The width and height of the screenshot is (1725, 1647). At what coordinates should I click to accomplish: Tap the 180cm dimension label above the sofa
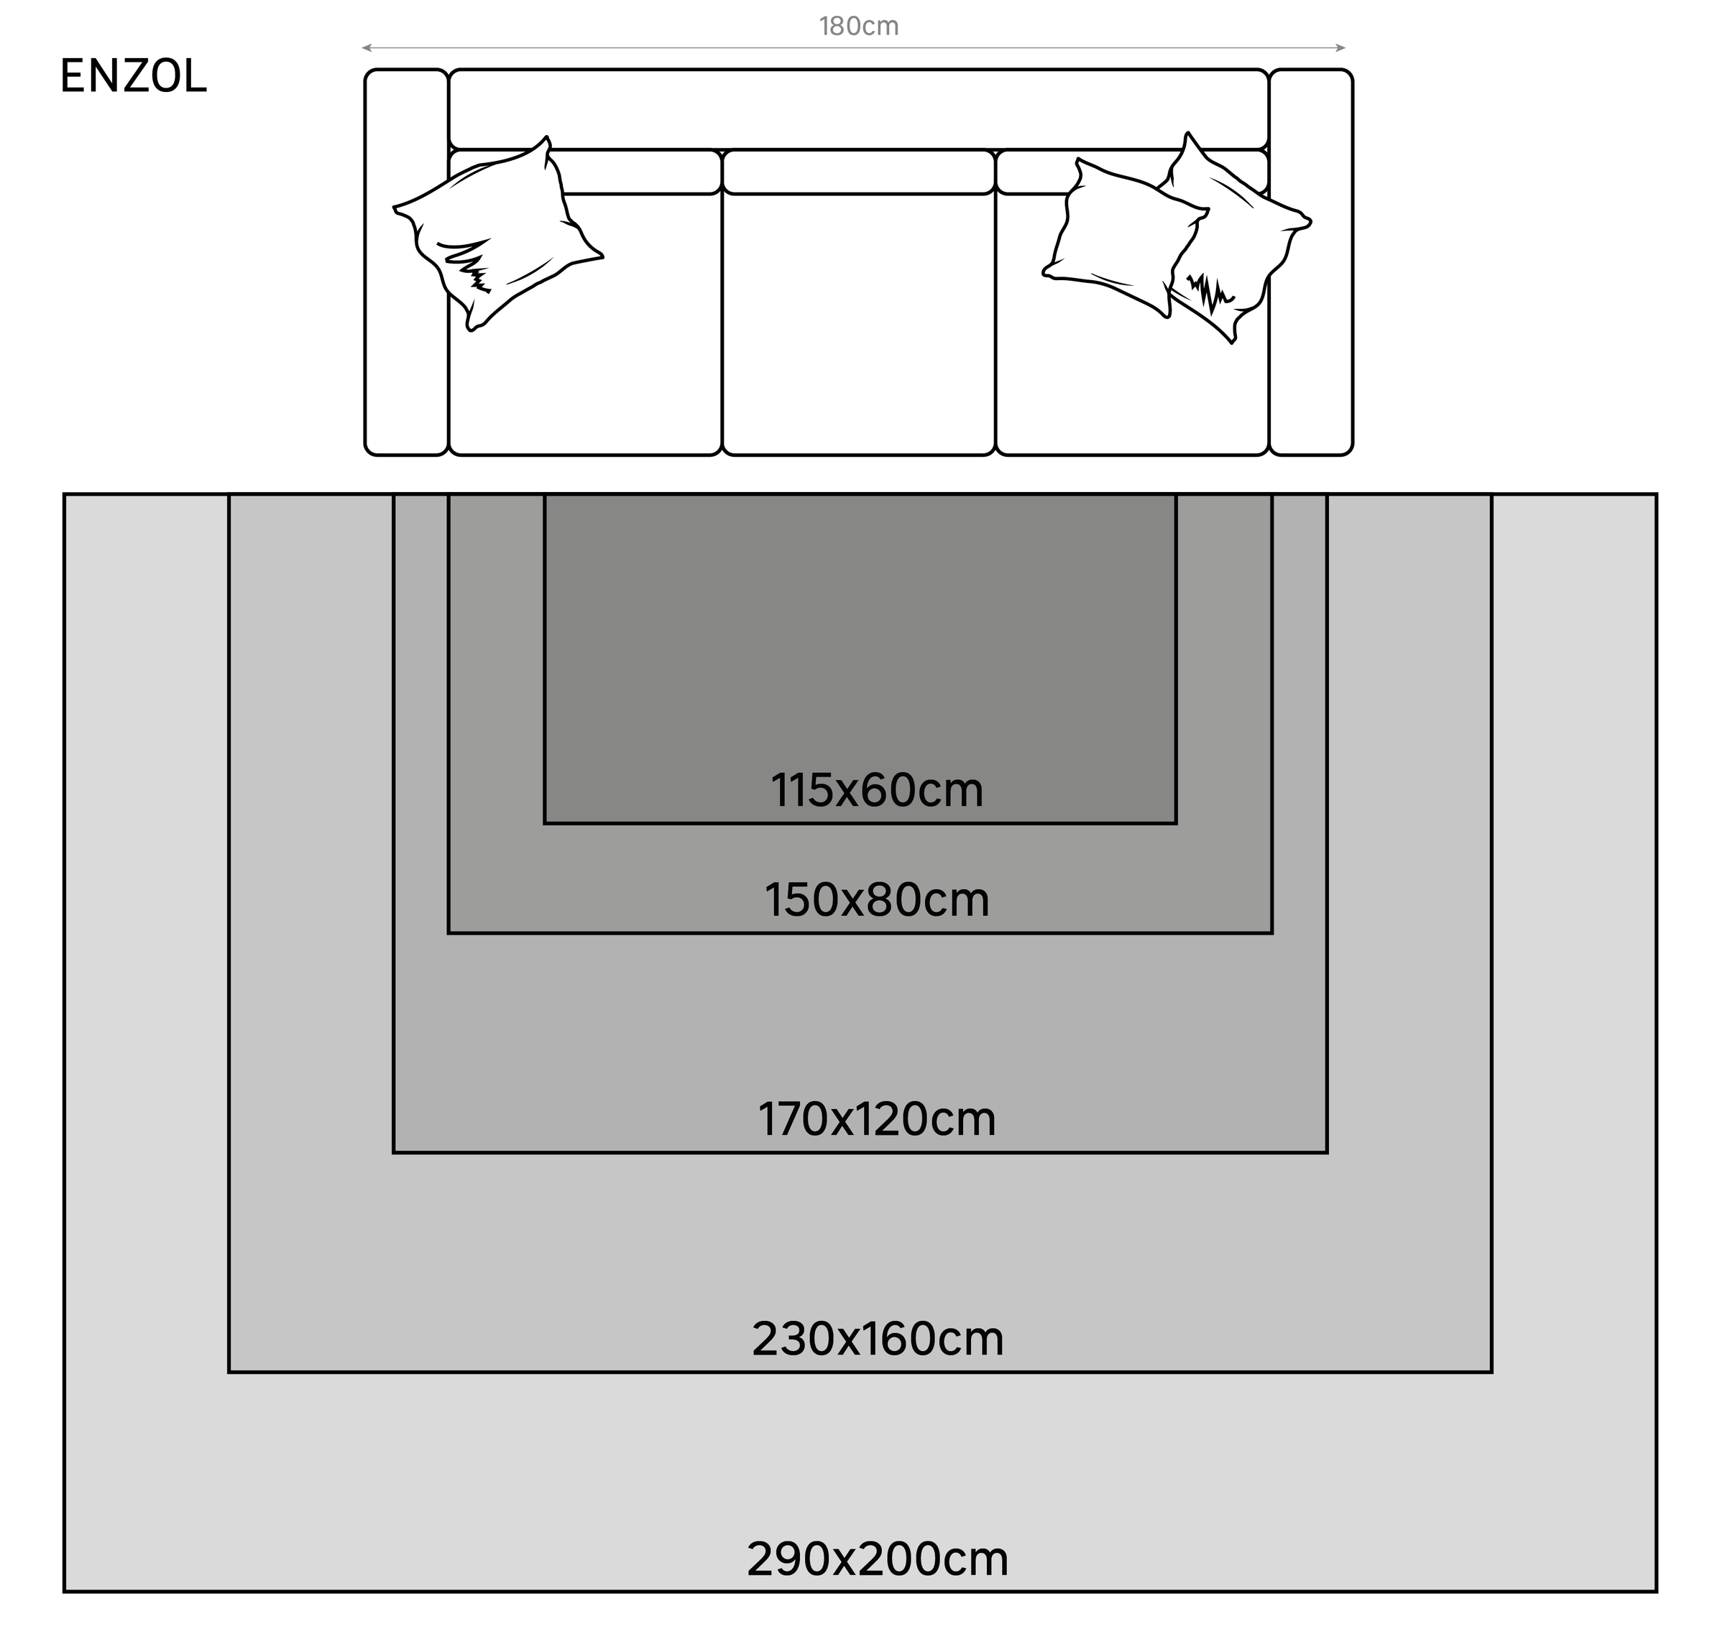pyautogui.click(x=859, y=27)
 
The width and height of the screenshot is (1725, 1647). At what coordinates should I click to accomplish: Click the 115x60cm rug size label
pyautogui.click(x=877, y=790)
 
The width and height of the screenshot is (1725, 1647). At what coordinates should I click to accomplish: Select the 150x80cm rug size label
pyautogui.click(x=877, y=900)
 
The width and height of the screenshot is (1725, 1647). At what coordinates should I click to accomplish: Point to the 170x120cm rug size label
pyautogui.click(x=877, y=1119)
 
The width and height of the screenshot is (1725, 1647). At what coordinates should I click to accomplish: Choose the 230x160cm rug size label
pyautogui.click(x=878, y=1339)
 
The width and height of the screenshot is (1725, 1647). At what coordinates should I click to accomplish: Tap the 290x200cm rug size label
pyautogui.click(x=878, y=1559)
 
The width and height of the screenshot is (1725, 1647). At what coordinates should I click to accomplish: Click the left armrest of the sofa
pyautogui.click(x=407, y=262)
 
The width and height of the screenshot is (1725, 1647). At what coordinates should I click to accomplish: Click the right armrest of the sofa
pyautogui.click(x=1311, y=262)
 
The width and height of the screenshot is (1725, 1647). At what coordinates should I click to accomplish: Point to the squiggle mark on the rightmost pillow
pyautogui.click(x=1210, y=292)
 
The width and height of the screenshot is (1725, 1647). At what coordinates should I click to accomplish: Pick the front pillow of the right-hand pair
pyautogui.click(x=1124, y=237)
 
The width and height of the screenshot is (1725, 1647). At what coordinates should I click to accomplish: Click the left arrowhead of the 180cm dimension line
pyautogui.click(x=365, y=47)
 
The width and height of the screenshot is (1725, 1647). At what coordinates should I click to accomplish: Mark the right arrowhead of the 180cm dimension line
pyautogui.click(x=1341, y=47)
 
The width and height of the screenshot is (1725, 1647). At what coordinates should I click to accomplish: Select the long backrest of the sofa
pyautogui.click(x=859, y=109)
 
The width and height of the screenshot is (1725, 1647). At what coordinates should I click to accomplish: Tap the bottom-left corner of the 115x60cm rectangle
pyautogui.click(x=545, y=823)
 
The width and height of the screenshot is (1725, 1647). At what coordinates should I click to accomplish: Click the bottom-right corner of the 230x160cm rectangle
pyautogui.click(x=1491, y=1372)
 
